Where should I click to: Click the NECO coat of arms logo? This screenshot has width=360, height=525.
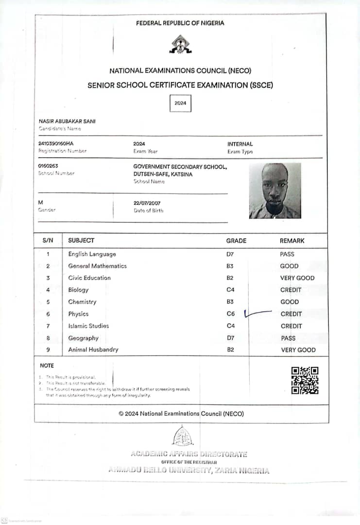(180, 44)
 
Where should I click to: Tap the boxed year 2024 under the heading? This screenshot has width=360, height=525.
(180, 103)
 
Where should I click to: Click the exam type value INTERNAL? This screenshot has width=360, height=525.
(240, 144)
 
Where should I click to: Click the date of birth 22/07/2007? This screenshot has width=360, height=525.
(147, 203)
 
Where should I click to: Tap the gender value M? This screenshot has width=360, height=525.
(40, 202)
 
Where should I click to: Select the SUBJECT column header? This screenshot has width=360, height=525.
(81, 241)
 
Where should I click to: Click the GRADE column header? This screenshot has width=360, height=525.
(236, 241)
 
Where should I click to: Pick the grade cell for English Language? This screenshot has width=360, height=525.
(230, 254)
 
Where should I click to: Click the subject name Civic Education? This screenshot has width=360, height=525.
(89, 278)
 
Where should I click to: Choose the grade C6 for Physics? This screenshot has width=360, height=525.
(230, 314)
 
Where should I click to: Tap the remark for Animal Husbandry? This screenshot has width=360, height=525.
(298, 350)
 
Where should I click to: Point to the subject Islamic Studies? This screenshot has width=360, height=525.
(88, 326)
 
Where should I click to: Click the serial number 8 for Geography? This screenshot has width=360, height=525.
(48, 338)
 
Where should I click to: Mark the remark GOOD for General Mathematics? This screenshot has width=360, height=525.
(289, 266)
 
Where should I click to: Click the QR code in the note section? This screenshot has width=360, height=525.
(305, 380)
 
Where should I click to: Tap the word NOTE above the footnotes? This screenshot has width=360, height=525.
(47, 366)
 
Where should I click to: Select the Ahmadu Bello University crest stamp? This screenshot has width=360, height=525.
(183, 436)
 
